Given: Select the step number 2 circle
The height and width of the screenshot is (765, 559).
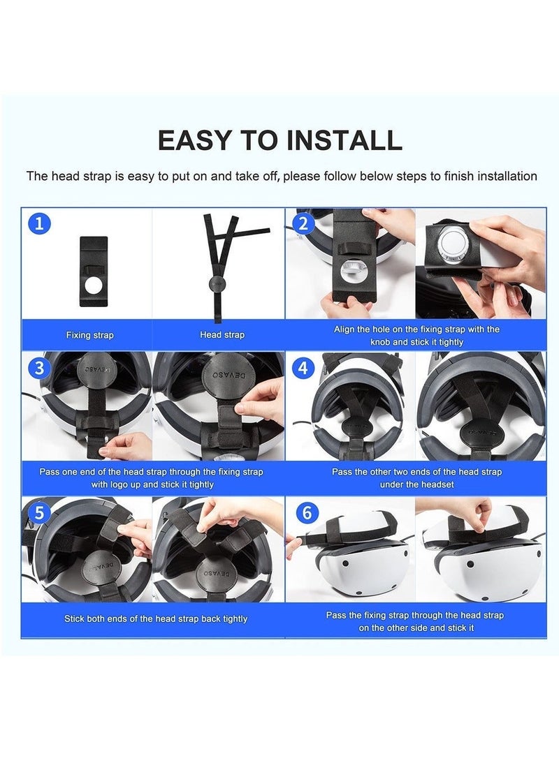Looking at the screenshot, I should click(x=303, y=224).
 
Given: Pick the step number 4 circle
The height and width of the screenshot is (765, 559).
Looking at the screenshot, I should click(x=303, y=367).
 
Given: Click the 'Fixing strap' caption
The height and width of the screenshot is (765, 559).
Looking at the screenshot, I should click(x=89, y=335).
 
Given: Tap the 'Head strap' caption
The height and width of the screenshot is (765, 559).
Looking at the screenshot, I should click(x=222, y=335).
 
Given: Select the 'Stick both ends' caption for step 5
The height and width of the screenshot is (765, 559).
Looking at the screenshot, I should click(x=155, y=618).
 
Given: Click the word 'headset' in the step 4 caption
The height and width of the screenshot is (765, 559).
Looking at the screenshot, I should click(x=437, y=484).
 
